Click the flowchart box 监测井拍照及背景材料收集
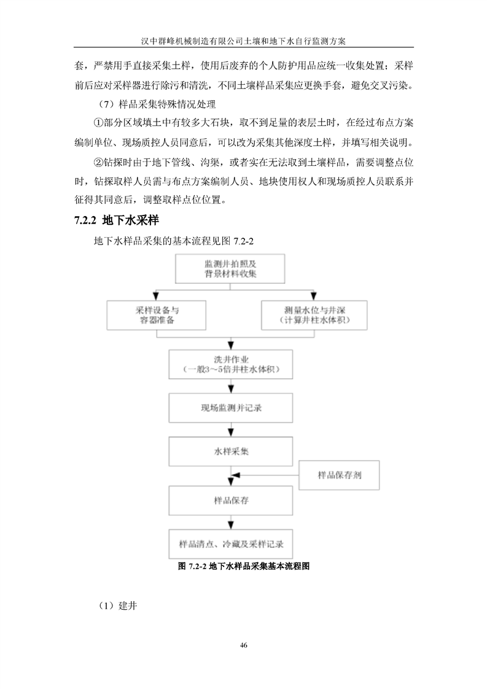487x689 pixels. coord(230,268)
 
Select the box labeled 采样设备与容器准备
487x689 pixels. coord(157,315)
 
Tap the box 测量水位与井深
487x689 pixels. coord(314,315)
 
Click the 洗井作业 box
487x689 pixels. coord(231,364)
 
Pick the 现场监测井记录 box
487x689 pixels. coord(231,408)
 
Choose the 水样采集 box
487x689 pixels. coord(231,451)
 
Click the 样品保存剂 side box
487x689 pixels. coord(340,475)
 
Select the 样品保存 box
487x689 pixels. coord(231,500)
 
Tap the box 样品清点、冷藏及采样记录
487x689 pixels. coord(231,544)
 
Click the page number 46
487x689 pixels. coord(243,645)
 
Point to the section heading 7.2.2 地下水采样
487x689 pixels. coord(117,220)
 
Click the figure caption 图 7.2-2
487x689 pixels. coord(243,566)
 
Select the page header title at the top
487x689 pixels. coord(243,41)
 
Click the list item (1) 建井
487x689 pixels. coord(117,605)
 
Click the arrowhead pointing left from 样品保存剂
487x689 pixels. coord(236,475)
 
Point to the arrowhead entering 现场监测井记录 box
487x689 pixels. coord(231,389)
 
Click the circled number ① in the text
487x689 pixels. coord(98,123)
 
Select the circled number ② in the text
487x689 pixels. coord(98,162)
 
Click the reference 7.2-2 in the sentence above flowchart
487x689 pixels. coord(243,241)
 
